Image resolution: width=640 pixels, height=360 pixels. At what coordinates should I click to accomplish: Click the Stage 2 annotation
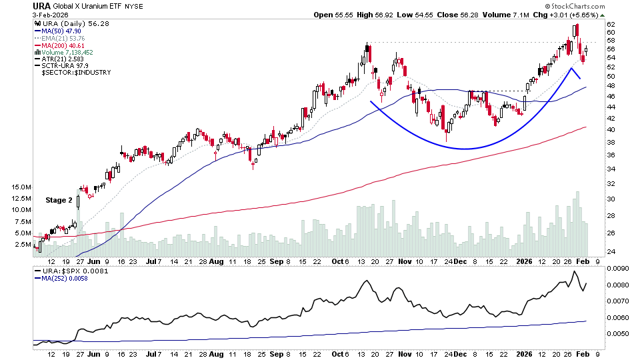pyautogui.click(x=59, y=200)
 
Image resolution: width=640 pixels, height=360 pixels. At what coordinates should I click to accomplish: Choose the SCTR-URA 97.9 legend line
pyautogui.click(x=63, y=65)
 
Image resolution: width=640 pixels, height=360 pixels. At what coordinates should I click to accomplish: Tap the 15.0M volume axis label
pyautogui.click(x=21, y=188)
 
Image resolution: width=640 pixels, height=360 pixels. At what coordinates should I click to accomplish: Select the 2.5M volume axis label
pyautogui.click(x=23, y=245)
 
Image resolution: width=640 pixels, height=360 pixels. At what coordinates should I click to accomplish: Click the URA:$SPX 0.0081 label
pyautogui.click(x=64, y=271)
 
